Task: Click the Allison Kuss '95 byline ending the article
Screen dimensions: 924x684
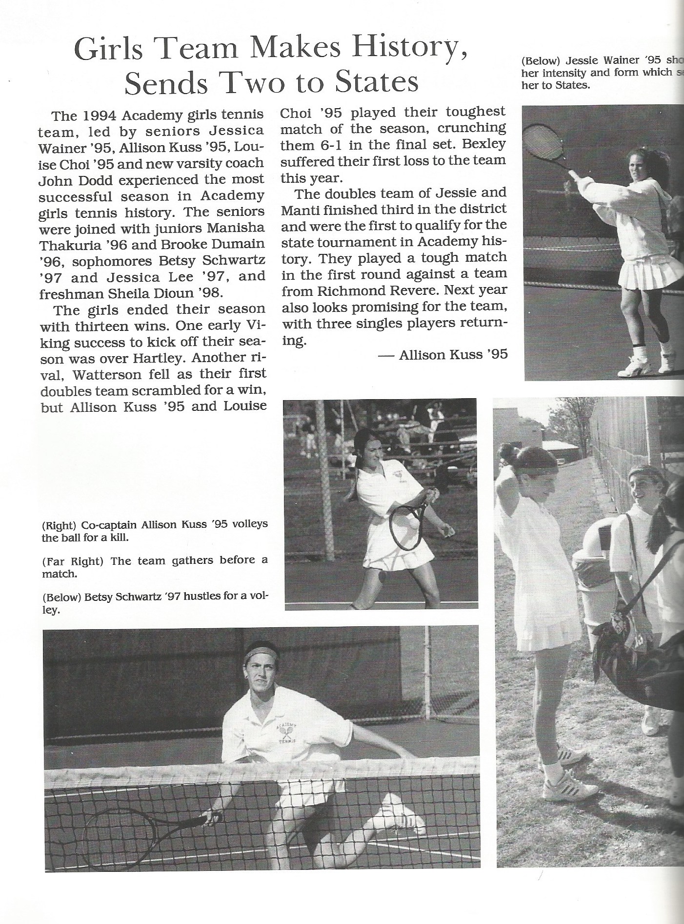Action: coord(453,355)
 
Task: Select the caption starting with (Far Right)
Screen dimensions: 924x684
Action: coord(155,566)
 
